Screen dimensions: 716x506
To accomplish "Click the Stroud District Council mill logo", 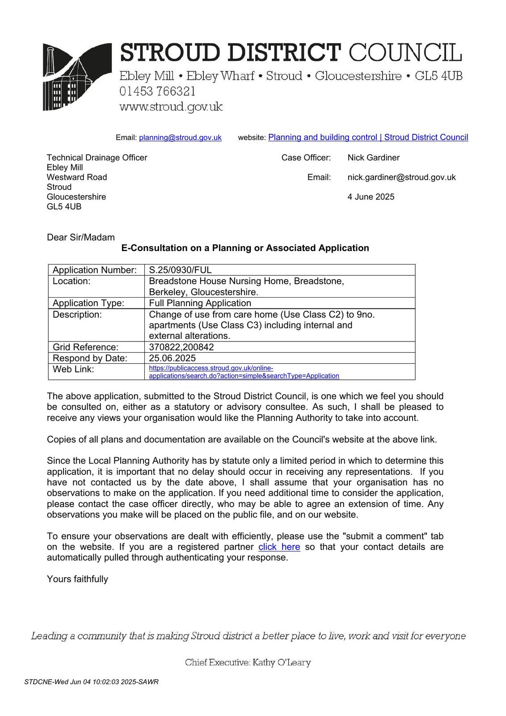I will (77, 77).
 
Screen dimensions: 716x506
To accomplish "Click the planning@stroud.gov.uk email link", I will (180, 138).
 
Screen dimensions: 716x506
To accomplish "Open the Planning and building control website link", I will (368, 137).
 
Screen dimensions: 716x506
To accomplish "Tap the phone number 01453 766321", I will (157, 91).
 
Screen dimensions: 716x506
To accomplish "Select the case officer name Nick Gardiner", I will (373, 158).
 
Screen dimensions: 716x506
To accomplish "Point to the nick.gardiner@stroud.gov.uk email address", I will (401, 177).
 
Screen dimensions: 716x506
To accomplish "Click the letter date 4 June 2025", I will (371, 197).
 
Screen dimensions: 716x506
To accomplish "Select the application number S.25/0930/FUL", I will (180, 270).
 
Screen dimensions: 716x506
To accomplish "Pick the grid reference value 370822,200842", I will (181, 347).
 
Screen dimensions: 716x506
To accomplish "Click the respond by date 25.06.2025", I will (172, 358).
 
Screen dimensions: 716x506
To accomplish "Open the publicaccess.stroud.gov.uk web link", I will (244, 372).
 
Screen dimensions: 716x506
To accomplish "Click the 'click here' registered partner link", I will (279, 547).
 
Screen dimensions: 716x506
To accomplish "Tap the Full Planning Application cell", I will (200, 303).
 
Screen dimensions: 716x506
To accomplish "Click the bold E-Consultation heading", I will (245, 248).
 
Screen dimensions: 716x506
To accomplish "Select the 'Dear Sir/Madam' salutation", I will (80, 237).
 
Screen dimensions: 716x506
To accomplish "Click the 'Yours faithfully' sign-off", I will (77, 579).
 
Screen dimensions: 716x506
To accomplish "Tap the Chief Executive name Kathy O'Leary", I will (281, 662).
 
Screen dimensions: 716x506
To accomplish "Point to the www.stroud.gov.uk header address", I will (171, 107).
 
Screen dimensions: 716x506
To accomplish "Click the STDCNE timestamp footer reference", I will (91, 682).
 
